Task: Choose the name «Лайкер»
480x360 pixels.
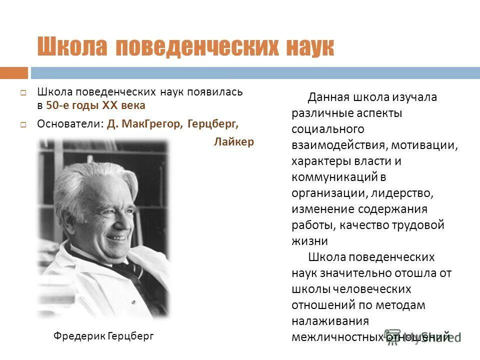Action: (x=234, y=142)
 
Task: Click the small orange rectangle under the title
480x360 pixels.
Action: (x=14, y=73)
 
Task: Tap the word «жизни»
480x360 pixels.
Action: (x=310, y=241)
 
